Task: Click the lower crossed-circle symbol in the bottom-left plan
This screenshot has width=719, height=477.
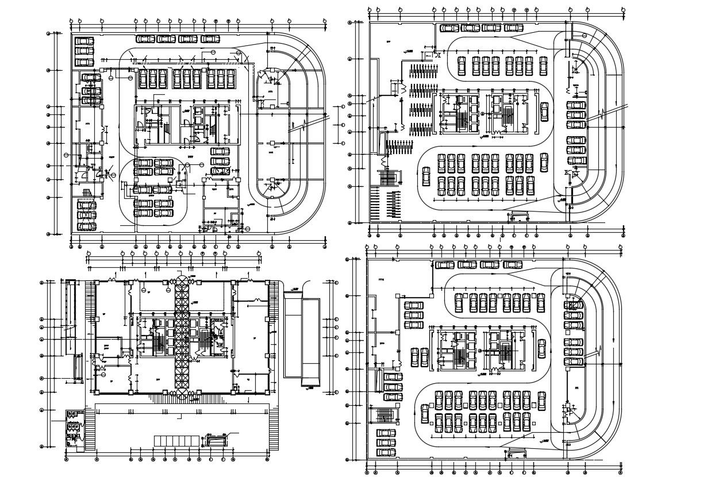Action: [x=182, y=394]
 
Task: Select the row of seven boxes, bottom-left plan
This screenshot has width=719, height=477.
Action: [x=176, y=440]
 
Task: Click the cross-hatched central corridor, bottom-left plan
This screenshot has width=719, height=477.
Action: [x=182, y=336]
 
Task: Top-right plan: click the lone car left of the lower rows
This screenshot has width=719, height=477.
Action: [x=425, y=176]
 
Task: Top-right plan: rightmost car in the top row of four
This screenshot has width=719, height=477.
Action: [x=513, y=28]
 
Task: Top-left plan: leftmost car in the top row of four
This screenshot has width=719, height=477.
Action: [x=145, y=39]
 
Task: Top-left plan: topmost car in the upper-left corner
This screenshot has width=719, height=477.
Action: [x=84, y=41]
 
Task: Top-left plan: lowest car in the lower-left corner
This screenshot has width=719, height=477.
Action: [x=87, y=226]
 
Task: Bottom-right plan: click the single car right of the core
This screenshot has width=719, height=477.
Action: [x=541, y=348]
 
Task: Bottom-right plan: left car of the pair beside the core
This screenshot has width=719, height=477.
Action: [x=415, y=356]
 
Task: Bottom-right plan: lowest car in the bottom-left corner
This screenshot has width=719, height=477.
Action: [x=385, y=452]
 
